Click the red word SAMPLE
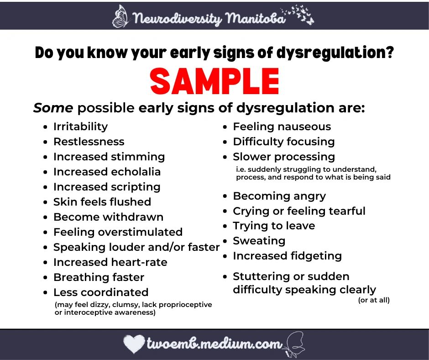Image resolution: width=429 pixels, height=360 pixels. [214, 82]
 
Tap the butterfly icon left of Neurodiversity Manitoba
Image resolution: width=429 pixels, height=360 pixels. [121, 16]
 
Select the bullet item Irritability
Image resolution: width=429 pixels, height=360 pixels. [80, 127]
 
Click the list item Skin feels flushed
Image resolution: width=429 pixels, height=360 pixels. [102, 202]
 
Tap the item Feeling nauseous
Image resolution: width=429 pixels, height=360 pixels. [282, 127]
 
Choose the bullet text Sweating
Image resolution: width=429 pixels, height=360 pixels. [259, 241]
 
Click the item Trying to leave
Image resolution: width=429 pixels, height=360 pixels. [274, 226]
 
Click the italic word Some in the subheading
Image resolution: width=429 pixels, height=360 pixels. [53, 108]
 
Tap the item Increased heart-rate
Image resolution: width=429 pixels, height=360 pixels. [110, 262]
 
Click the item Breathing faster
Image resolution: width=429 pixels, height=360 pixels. [99, 277]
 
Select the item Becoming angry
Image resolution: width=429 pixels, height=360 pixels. [279, 196]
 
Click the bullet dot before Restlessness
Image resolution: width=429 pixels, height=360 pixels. [45, 142]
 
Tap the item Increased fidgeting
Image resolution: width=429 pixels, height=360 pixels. [287, 256]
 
